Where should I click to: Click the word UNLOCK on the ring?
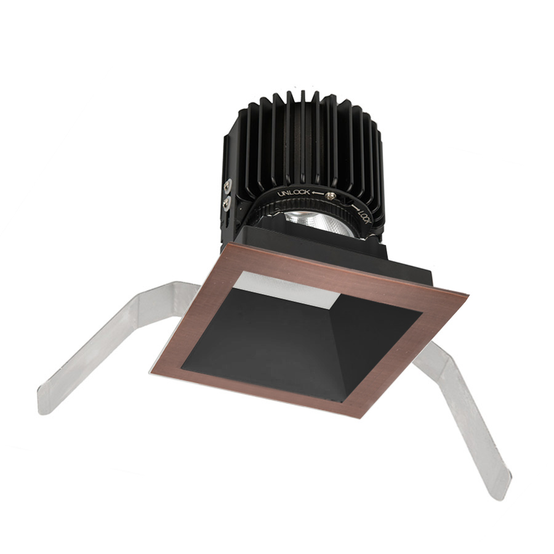point(292,193)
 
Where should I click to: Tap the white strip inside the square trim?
point(289,286)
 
